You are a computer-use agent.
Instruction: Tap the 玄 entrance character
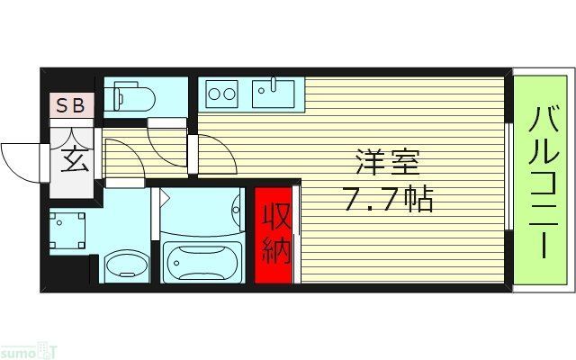pos(73,161)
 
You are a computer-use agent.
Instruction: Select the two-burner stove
pos(221,92)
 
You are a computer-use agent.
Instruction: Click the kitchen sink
pos(274,91)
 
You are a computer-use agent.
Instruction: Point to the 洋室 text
pos(388,165)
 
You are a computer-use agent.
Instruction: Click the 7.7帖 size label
pos(388,199)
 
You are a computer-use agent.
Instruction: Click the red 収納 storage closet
pos(274,235)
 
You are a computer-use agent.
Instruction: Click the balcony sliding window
pos(508,180)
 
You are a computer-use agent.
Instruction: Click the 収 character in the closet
pos(274,217)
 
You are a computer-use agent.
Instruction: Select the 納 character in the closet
pos(274,250)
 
